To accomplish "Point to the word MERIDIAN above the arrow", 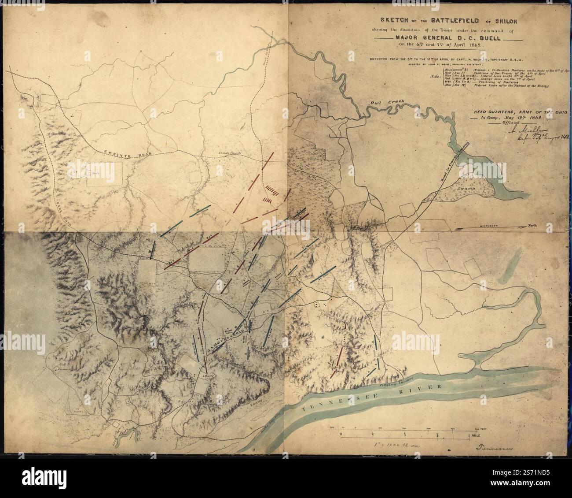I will [x=483, y=225].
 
